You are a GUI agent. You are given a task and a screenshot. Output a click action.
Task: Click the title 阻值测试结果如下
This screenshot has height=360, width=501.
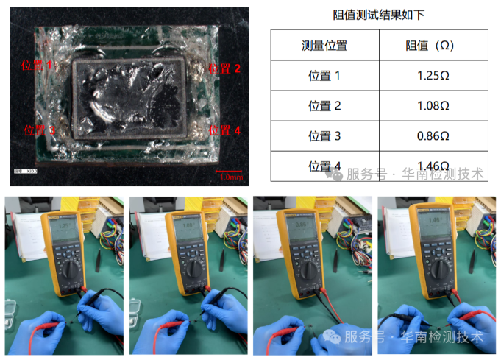379,15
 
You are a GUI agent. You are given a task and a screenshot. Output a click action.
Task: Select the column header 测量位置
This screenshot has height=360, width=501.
324,46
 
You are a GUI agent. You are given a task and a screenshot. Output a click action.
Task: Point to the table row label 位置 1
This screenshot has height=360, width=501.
324,76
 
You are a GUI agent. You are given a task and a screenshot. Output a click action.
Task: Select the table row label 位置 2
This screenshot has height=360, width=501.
324,106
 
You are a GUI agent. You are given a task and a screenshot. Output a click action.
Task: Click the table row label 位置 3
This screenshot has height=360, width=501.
324,136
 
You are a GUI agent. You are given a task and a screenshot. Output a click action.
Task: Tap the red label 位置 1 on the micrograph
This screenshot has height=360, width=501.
40,66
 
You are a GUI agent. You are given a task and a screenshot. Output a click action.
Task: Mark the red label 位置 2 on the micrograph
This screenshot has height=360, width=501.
224,68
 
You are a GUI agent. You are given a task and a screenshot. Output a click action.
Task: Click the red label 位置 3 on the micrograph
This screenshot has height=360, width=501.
40,130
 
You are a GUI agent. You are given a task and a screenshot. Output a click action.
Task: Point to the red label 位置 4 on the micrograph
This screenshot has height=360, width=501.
224,130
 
